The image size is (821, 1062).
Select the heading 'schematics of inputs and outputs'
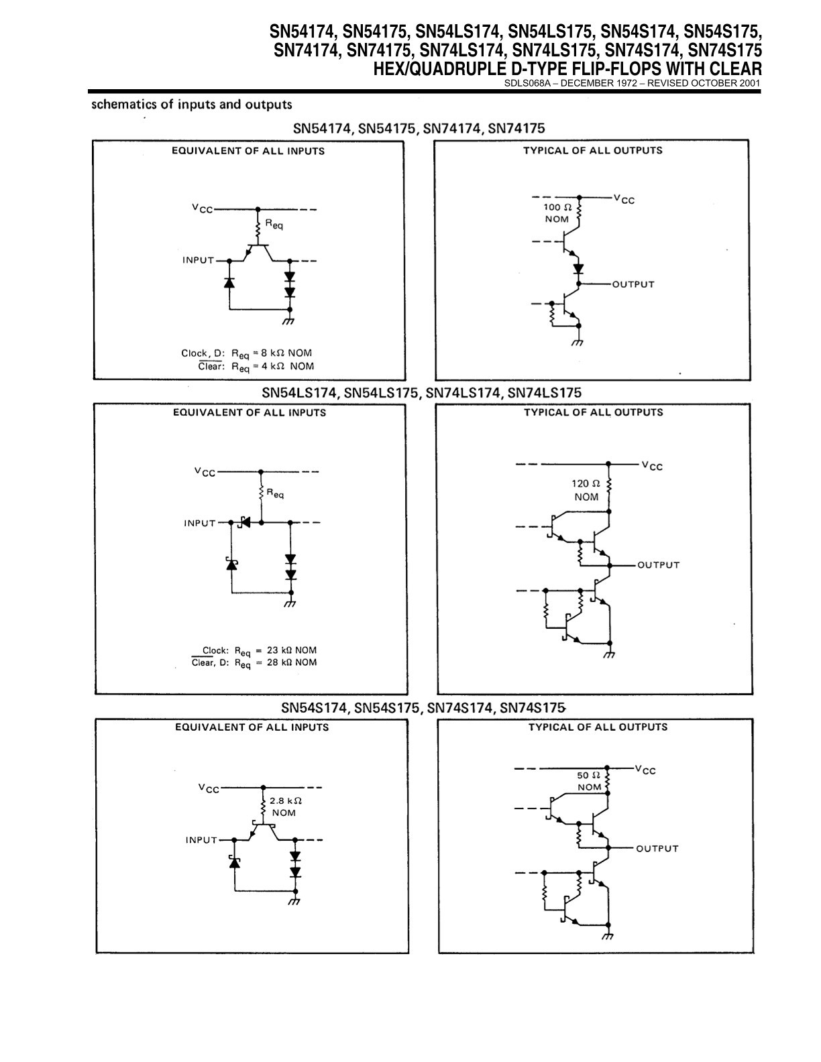click(x=192, y=104)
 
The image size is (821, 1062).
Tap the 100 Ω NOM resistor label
click(x=557, y=213)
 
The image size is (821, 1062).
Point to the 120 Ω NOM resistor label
click(x=586, y=490)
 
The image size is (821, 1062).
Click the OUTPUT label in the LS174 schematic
click(x=658, y=565)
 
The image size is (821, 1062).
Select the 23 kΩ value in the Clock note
click(x=279, y=650)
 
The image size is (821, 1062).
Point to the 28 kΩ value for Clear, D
click(x=279, y=662)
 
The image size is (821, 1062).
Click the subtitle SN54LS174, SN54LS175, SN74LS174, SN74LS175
click(x=421, y=393)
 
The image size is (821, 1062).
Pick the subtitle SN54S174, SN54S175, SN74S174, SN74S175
click(x=423, y=708)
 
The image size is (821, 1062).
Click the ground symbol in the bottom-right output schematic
click(x=608, y=936)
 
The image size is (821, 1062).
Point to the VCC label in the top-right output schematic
click(x=624, y=199)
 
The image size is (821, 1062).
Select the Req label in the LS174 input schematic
click(x=275, y=494)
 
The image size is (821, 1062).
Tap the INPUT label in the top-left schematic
click(x=198, y=261)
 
